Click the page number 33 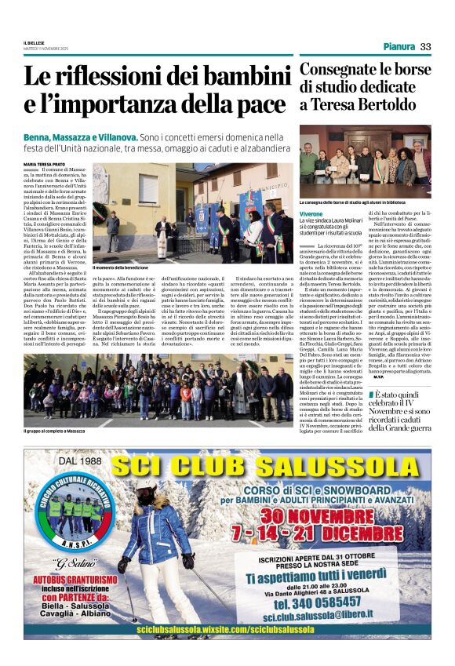point(425,47)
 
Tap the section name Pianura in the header point(399,47)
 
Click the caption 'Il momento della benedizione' point(125,267)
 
